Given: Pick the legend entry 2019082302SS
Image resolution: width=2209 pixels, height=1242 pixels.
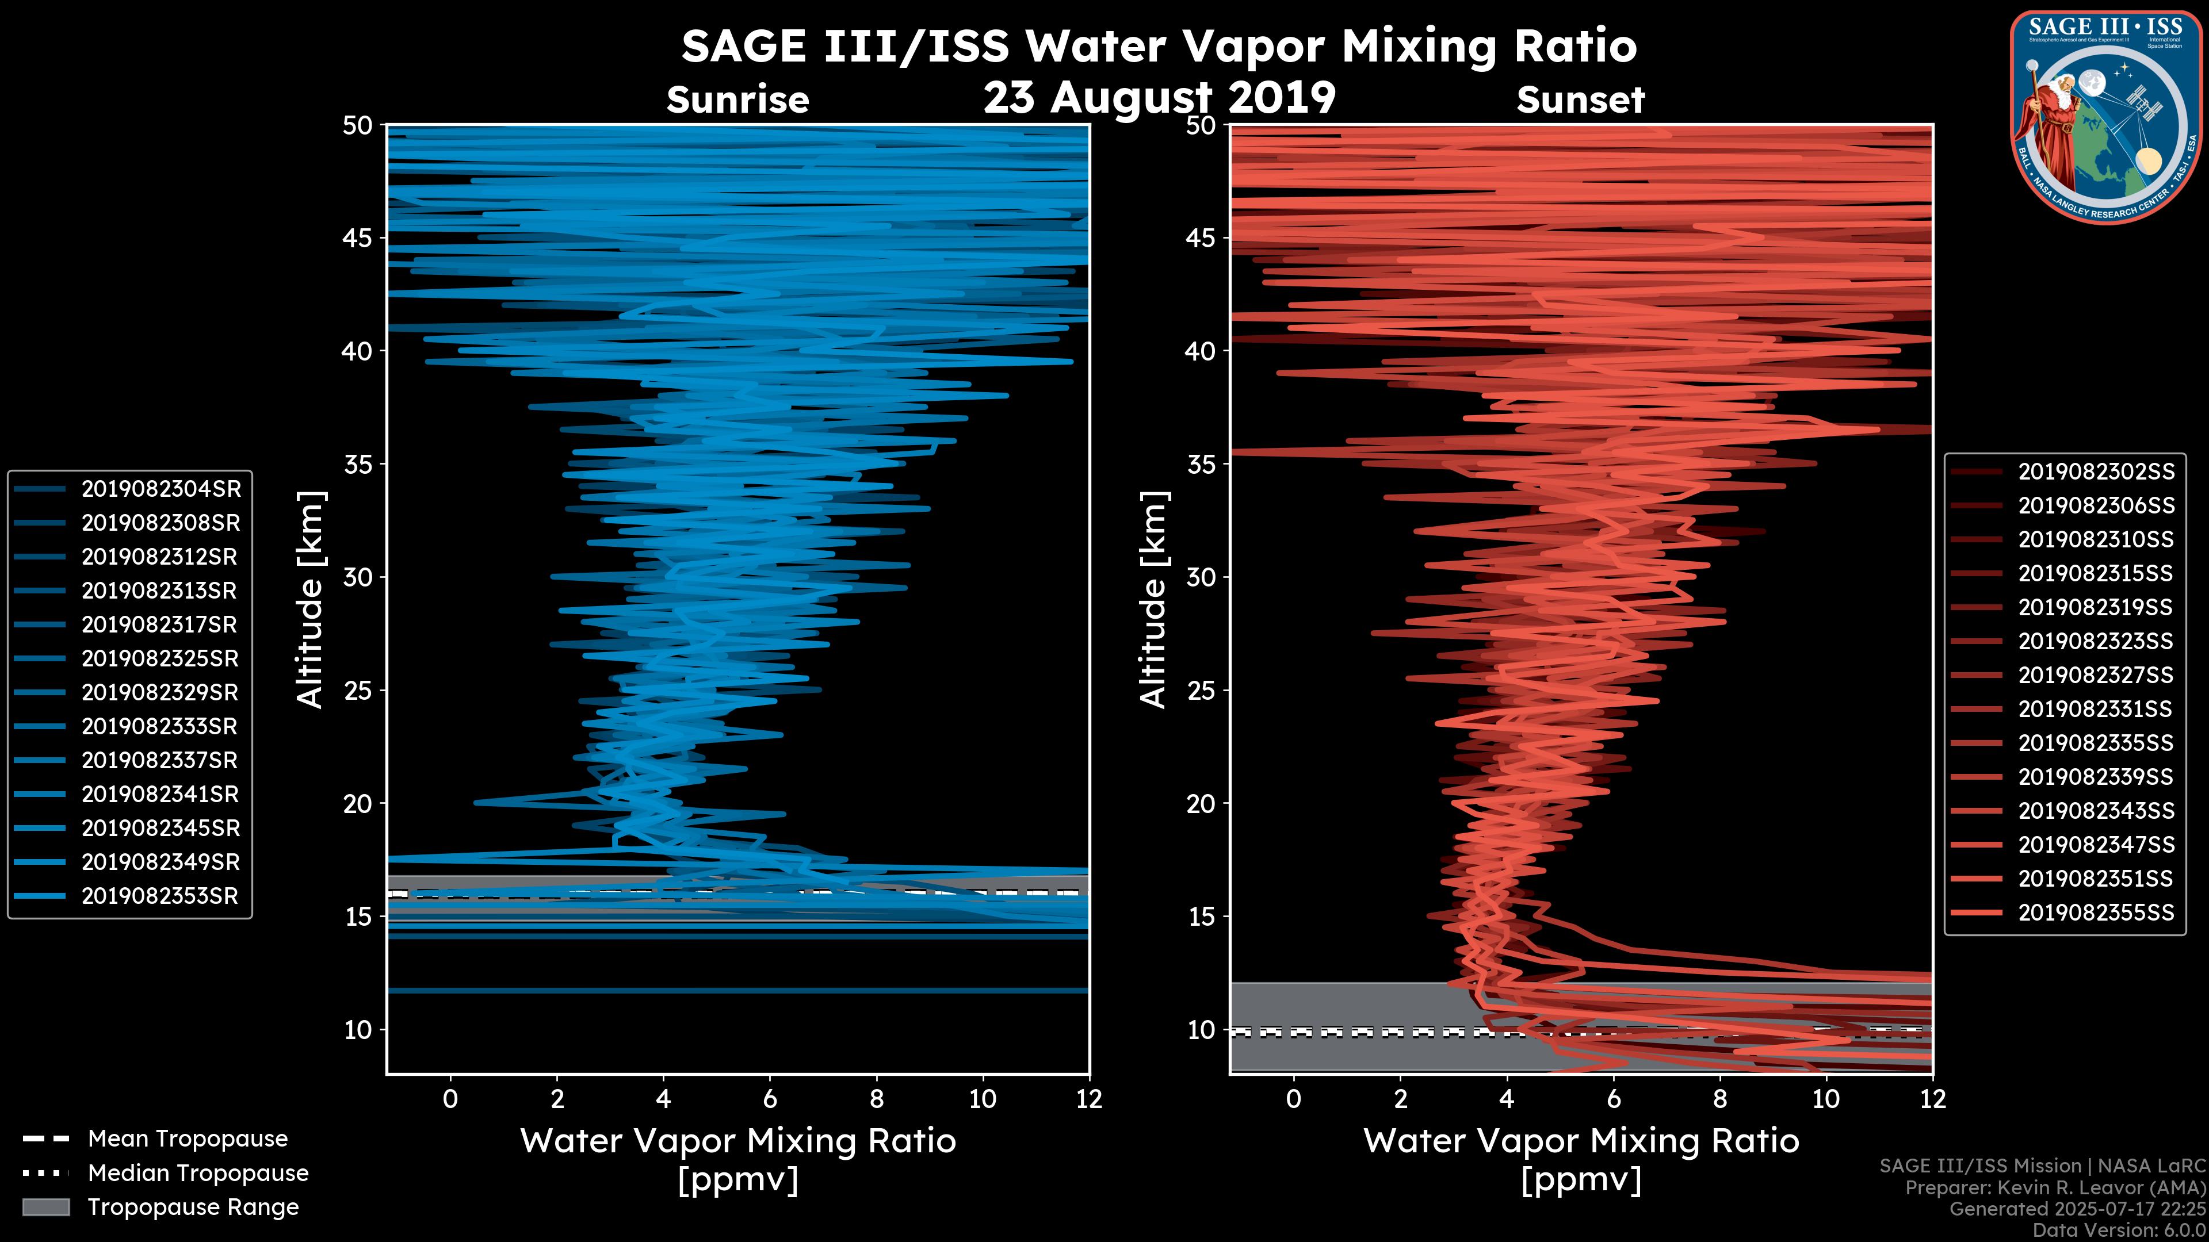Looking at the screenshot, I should (x=2096, y=471).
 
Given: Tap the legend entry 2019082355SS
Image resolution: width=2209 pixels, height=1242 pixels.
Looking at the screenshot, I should (x=2096, y=913).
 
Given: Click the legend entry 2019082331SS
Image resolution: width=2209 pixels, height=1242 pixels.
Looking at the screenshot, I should (x=2095, y=709).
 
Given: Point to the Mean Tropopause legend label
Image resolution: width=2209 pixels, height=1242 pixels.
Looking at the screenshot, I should (x=188, y=1138).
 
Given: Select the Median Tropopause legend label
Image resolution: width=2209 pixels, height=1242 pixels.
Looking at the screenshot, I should (x=198, y=1172).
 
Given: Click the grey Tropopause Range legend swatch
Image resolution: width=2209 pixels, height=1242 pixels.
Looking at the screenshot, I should (x=45, y=1207).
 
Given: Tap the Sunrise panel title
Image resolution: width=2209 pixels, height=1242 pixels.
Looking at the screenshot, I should (x=737, y=100).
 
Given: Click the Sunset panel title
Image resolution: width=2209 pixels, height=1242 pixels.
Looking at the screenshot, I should (x=1580, y=100).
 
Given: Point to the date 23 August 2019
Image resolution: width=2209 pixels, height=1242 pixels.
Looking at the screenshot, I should (x=1159, y=98).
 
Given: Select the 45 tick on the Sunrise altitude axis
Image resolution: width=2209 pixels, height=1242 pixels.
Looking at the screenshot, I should (x=358, y=237).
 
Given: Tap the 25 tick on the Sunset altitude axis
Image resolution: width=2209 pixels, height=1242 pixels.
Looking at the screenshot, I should (x=1202, y=690).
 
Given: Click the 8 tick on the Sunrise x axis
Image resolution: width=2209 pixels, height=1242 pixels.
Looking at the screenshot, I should (x=876, y=1098).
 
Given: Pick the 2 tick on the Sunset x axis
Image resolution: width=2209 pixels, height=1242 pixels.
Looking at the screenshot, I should (x=1400, y=1098).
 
